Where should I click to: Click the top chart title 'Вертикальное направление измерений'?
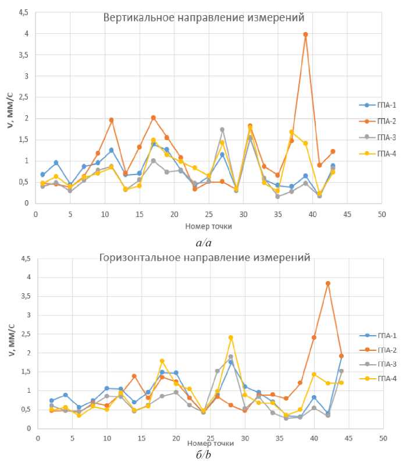click(204, 17)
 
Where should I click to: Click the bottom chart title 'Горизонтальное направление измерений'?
click(205, 257)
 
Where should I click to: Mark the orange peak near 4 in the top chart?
click(305, 34)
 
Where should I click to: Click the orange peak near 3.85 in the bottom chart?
click(328, 283)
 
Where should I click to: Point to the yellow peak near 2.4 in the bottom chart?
click(231, 337)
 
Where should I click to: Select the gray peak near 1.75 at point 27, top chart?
click(222, 130)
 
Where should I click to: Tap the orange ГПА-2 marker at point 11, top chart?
click(111, 120)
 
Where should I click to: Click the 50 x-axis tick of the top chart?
click(382, 214)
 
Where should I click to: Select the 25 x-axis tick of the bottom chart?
click(210, 437)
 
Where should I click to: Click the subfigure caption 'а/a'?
click(203, 238)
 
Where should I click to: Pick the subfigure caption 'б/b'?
click(203, 454)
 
